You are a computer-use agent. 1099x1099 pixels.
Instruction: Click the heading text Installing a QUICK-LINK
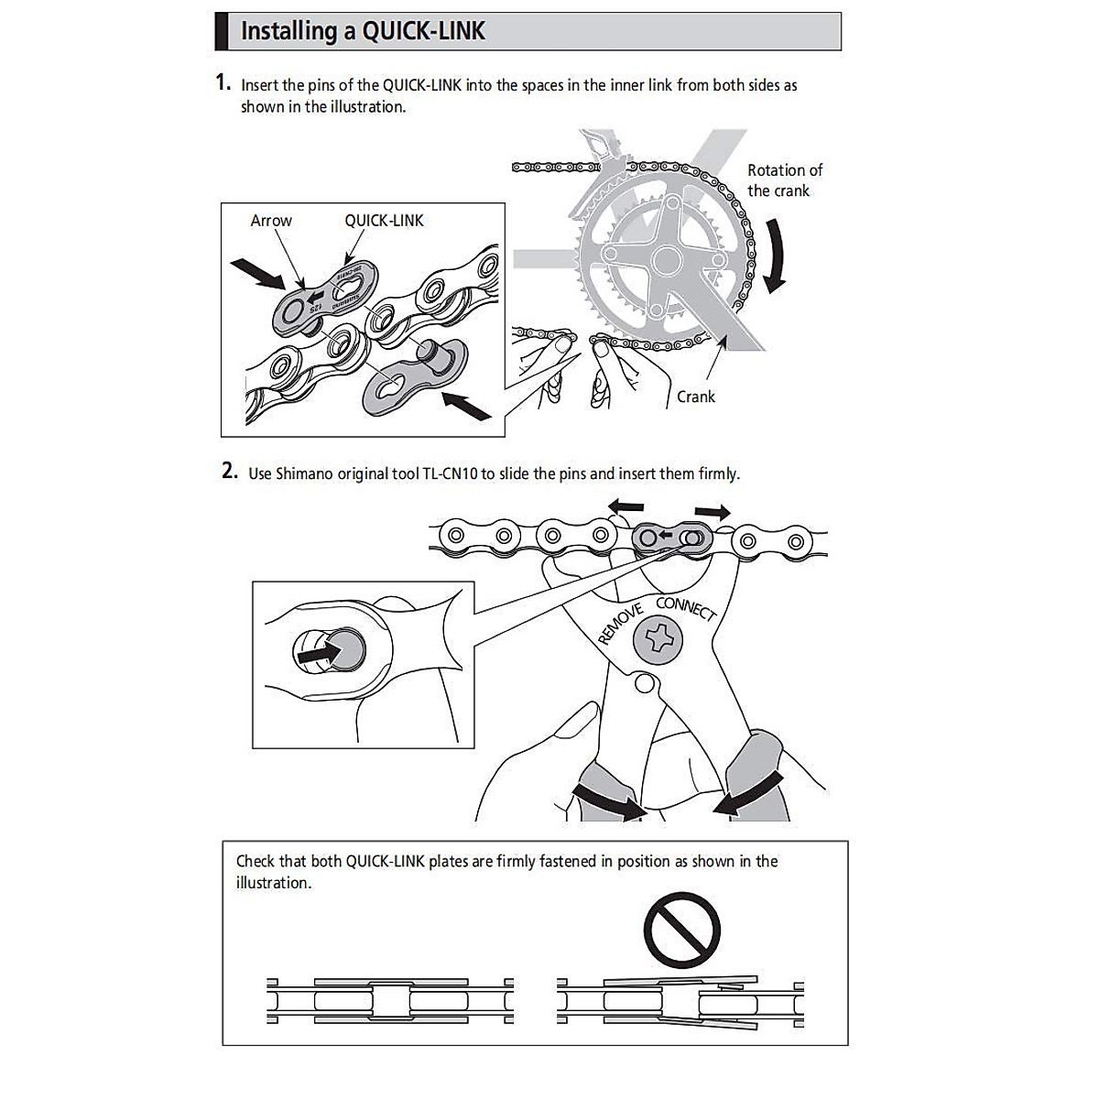[x=362, y=31]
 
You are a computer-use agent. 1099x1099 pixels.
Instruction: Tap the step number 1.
[x=223, y=82]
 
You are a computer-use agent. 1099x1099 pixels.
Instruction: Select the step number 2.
[x=230, y=472]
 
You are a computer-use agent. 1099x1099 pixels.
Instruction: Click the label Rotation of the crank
[x=784, y=180]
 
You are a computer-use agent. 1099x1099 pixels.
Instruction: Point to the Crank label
[x=695, y=397]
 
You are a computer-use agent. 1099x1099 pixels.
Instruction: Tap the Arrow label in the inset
[x=271, y=221]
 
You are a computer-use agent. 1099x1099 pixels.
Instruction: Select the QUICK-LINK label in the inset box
[x=384, y=221]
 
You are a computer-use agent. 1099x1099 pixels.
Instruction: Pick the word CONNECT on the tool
[x=685, y=608]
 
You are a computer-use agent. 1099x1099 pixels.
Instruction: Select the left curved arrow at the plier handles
[x=610, y=800]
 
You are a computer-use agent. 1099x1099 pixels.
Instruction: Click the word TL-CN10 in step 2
[x=451, y=473]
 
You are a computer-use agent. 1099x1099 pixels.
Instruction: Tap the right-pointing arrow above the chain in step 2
[x=712, y=511]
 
